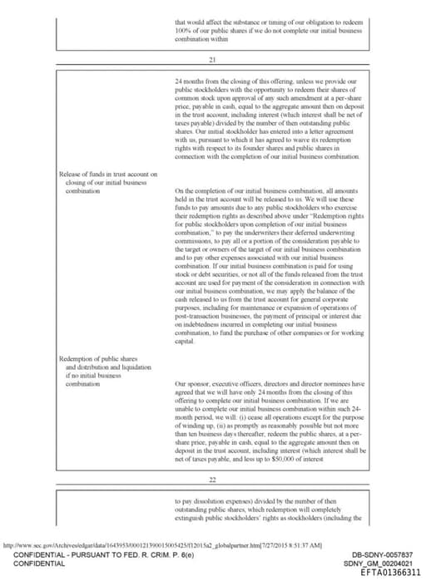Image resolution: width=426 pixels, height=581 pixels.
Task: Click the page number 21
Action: click(212, 61)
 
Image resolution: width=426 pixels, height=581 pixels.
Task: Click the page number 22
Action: click(212, 480)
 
